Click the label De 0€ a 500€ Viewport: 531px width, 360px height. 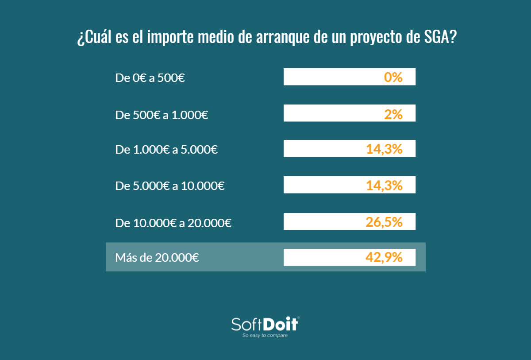click(x=150, y=78)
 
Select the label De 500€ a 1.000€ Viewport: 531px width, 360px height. click(x=162, y=115)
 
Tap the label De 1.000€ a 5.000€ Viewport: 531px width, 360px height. click(x=166, y=150)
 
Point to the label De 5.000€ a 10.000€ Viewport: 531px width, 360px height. click(x=170, y=186)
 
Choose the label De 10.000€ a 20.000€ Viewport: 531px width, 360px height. click(x=173, y=223)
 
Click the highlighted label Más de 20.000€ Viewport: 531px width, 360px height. click(x=157, y=257)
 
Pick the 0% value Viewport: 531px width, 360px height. click(x=393, y=77)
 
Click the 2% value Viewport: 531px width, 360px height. click(x=393, y=114)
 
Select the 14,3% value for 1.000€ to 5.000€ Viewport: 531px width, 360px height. click(x=384, y=149)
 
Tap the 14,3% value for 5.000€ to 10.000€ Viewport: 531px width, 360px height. click(x=384, y=186)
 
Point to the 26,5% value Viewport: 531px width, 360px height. click(x=384, y=222)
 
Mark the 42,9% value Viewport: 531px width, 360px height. click(x=384, y=257)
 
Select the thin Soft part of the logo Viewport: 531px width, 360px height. click(x=247, y=324)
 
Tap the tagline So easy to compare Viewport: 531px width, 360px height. click(x=265, y=336)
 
